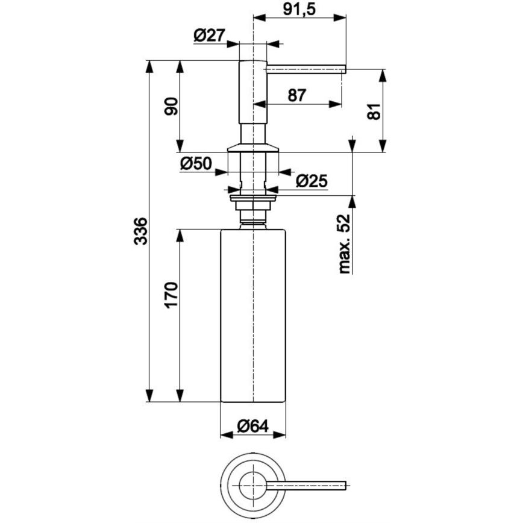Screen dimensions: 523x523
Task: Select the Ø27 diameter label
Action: click(209, 36)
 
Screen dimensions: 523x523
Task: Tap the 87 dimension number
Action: click(297, 95)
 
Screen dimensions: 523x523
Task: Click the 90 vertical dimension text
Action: click(172, 107)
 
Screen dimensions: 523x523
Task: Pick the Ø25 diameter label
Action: click(311, 180)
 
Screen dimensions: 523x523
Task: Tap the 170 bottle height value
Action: click(171, 295)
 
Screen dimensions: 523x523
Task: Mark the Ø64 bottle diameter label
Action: click(252, 425)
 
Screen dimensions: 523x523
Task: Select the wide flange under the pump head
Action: click(252, 147)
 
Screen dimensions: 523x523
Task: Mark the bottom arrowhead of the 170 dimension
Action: click(179, 396)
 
